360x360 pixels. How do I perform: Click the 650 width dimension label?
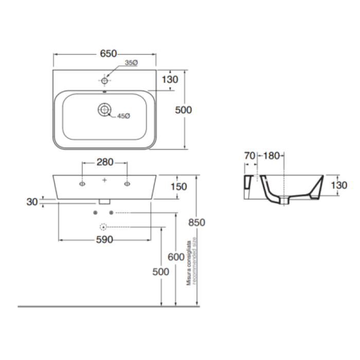pyautogui.click(x=109, y=53)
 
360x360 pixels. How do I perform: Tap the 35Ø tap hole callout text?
pyautogui.click(x=131, y=63)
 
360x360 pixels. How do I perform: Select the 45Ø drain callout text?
pyautogui.click(x=123, y=116)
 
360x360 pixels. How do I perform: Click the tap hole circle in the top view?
pyautogui.click(x=105, y=81)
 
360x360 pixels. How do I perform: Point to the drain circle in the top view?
pyautogui.click(x=104, y=110)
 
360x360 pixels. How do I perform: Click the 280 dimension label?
pyautogui.click(x=105, y=163)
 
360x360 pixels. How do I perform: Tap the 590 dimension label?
pyautogui.click(x=104, y=240)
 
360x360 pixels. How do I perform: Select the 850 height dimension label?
pyautogui.click(x=196, y=223)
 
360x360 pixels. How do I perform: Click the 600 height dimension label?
pyautogui.click(x=176, y=257)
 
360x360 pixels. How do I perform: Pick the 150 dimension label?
pyautogui.click(x=178, y=187)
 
